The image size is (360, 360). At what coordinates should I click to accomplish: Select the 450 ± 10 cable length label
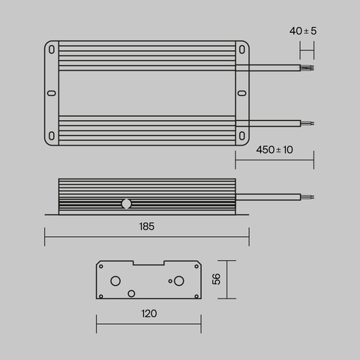[x=274, y=150]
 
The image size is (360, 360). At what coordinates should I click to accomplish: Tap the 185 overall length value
[x=146, y=226]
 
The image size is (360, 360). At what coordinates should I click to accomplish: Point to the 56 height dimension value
[x=216, y=278]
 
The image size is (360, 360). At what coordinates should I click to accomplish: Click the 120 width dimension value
[x=148, y=313]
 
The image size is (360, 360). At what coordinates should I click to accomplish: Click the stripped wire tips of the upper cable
[x=307, y=68]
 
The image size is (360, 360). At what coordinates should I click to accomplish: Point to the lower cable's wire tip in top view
[x=307, y=121]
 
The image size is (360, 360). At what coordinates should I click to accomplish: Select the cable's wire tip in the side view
[x=307, y=196]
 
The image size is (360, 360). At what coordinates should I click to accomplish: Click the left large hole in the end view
[x=115, y=281]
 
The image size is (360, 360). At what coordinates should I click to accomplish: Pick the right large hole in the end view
[x=179, y=281]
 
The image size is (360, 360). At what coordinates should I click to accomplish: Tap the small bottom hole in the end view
[x=132, y=292]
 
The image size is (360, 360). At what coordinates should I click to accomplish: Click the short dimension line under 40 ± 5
[x=307, y=51]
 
